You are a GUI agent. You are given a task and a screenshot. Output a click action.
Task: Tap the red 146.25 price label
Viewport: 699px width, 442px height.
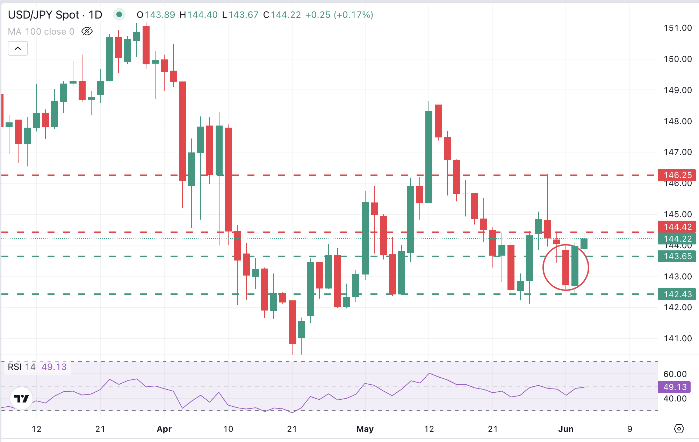(x=677, y=175)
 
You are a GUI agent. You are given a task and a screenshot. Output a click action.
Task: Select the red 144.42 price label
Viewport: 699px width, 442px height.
(x=677, y=227)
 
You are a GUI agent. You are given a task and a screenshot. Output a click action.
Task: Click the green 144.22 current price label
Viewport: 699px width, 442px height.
(x=677, y=238)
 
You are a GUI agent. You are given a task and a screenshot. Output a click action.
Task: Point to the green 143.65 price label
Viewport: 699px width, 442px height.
(x=677, y=256)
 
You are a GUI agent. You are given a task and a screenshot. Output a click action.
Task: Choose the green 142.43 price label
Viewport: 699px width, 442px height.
(x=677, y=294)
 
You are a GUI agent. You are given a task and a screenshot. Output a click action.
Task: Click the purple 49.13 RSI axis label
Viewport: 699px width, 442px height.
(x=674, y=387)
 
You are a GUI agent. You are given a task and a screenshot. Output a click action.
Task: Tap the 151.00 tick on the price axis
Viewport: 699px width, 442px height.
(x=678, y=28)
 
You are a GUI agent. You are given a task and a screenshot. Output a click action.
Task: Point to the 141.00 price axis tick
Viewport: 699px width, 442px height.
(x=678, y=338)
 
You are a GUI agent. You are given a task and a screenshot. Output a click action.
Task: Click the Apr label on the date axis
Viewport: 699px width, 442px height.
(x=164, y=429)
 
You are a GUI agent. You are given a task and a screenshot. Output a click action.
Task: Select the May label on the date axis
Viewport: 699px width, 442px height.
(x=365, y=429)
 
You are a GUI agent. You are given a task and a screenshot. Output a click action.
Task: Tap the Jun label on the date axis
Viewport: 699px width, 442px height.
(x=565, y=429)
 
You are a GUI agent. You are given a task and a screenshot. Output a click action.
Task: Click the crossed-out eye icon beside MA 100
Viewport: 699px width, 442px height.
(x=87, y=31)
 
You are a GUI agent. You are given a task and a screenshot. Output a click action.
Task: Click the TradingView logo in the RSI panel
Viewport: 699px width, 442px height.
(x=21, y=398)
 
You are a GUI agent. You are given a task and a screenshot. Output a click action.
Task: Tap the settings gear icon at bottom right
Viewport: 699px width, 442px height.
(x=679, y=428)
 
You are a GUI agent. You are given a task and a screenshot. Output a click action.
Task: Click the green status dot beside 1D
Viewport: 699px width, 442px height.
(x=119, y=14)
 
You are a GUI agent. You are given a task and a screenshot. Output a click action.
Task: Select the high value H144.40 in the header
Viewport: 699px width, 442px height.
(x=199, y=15)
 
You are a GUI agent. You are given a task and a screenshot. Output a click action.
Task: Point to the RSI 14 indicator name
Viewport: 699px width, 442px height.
(x=22, y=367)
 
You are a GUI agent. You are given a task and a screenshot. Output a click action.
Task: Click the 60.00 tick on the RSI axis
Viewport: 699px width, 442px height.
(x=675, y=374)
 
